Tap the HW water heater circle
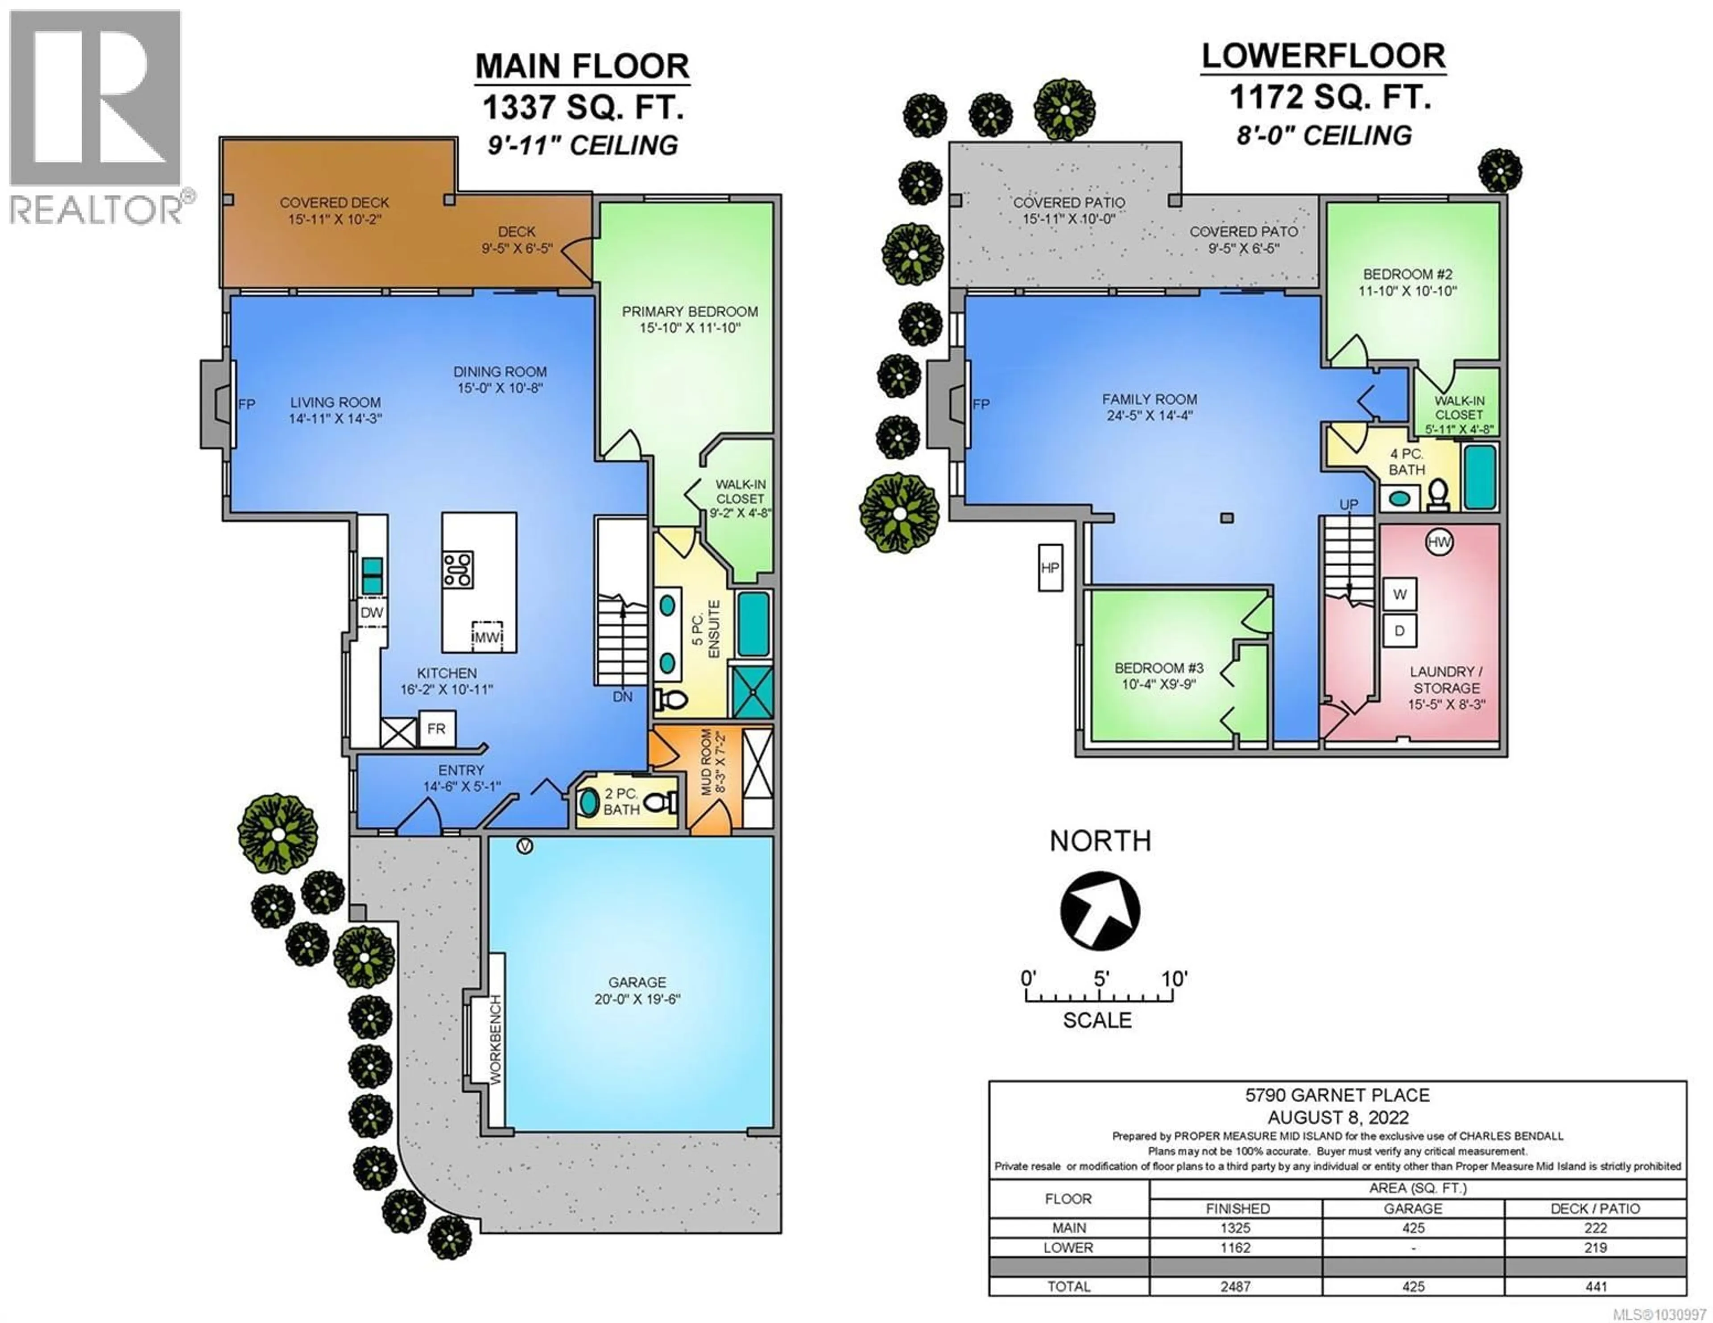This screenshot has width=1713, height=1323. [1439, 542]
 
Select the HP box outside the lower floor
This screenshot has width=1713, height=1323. [1050, 568]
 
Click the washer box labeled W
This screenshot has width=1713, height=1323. [1399, 594]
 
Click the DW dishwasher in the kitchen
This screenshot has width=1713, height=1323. [372, 613]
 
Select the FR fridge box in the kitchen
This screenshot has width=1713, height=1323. [436, 729]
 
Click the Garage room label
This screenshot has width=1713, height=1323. [637, 983]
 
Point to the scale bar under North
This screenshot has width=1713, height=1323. [1100, 997]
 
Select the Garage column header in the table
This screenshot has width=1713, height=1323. [1413, 1208]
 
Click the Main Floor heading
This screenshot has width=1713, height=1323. [582, 66]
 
